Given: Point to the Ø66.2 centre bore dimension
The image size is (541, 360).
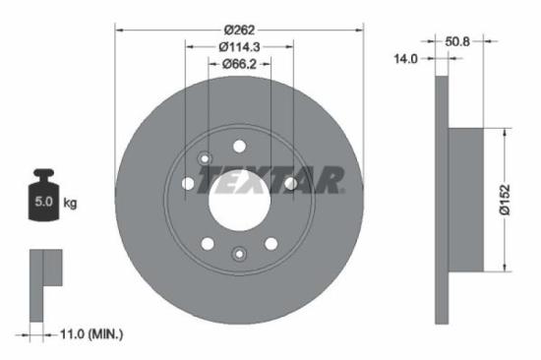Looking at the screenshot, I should coord(241,66).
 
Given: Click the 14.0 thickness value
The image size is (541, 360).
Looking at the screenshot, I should coord(405,59).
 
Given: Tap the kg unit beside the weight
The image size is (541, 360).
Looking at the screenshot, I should coord(70,204).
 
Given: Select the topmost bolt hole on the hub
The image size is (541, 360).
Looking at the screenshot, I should coord(240,146).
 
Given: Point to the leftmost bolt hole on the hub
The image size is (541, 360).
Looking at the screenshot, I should coord(189,183).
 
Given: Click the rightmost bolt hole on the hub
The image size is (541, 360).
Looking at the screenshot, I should coord(291,183).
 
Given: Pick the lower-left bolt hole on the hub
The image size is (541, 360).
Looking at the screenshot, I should coord(209,243).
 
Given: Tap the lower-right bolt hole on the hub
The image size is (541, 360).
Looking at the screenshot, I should coord(271,243).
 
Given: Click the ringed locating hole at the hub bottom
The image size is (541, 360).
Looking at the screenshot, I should coord(240,254).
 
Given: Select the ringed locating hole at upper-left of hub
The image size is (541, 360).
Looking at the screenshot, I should coord(205,159).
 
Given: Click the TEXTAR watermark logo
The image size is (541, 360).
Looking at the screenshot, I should coord(272,180).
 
